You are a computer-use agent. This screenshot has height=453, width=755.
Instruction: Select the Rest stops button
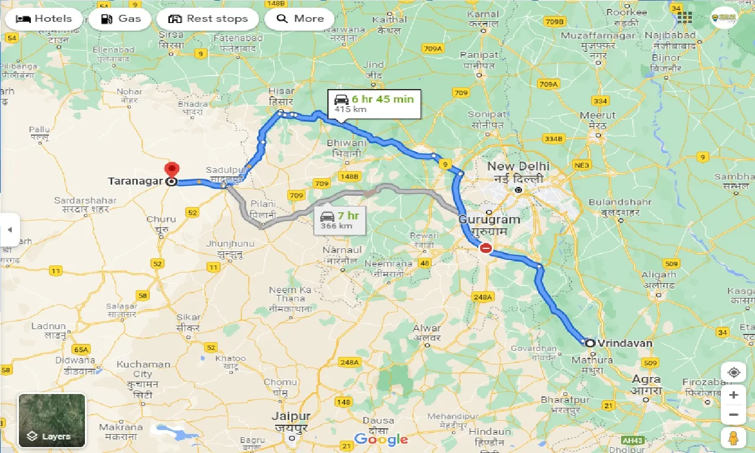208,19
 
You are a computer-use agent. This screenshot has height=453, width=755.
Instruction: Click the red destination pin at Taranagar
171,170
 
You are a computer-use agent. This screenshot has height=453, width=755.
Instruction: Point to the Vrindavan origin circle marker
589,343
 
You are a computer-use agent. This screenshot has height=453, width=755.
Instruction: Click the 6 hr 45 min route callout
375,103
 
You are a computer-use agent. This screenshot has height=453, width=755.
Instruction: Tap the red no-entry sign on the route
485,248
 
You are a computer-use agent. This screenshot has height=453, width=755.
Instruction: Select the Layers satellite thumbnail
52,421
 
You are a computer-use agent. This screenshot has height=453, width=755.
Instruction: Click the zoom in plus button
733,395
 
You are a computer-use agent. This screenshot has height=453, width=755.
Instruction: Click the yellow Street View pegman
733,439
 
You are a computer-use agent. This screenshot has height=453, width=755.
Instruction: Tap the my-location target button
733,373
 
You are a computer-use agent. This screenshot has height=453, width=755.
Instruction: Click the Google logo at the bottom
380,439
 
